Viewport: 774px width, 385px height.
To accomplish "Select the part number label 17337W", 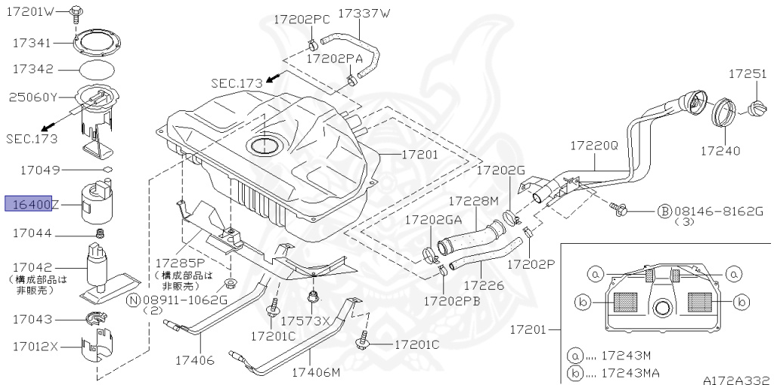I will tap(364, 13).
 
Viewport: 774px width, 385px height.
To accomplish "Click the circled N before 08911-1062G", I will tap(133, 299).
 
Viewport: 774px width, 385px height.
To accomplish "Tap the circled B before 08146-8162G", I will tap(664, 211).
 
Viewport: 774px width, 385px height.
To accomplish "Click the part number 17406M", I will tap(316, 371).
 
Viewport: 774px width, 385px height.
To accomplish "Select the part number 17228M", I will tap(474, 202).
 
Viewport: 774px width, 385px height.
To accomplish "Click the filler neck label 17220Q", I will tap(594, 143).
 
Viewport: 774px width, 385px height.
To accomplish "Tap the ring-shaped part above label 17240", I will tap(723, 115).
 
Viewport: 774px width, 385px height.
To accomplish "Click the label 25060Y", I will tap(33, 97).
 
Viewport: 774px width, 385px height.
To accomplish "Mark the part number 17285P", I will tap(181, 263).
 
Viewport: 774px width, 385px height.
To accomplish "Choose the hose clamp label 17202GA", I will tap(432, 220).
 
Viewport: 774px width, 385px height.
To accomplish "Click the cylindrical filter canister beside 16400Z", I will tap(95, 202).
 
